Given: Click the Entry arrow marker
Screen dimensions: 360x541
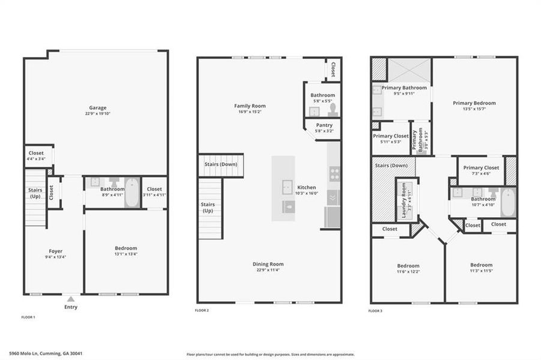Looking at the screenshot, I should (71, 298).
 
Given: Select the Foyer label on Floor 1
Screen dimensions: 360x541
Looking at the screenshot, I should (55, 251).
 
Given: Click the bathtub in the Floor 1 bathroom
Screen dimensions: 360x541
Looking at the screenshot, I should (132, 193).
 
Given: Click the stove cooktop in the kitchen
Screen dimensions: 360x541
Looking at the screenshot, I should (334, 174).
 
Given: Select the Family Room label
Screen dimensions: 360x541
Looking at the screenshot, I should (250, 106).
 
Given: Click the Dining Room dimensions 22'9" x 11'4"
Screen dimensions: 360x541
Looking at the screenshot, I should (268, 270).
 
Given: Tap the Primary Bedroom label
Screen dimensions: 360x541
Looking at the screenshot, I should (474, 103).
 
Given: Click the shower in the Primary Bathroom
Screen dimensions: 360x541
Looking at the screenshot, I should (408, 70).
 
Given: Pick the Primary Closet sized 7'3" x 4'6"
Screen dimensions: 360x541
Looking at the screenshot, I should (481, 168).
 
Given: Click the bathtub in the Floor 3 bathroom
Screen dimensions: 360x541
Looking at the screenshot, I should (508, 202).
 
